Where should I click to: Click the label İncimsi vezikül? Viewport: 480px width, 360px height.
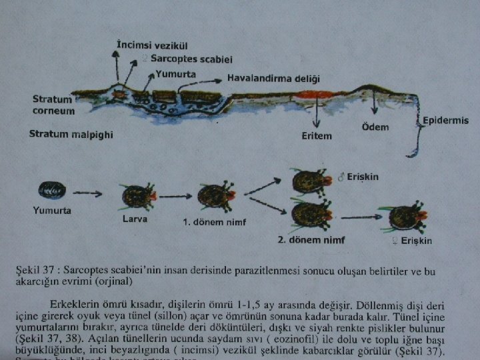click(152, 45)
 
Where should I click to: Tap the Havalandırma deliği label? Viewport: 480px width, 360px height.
click(274, 78)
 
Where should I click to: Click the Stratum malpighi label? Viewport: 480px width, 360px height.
click(71, 135)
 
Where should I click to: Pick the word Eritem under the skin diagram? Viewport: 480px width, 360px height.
click(317, 136)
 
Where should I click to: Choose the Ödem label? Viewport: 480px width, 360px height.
click(375, 127)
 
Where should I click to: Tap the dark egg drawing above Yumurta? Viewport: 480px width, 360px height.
click(53, 192)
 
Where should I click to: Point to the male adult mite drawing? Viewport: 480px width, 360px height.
click(310, 181)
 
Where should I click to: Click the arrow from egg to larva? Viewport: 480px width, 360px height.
click(87, 193)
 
